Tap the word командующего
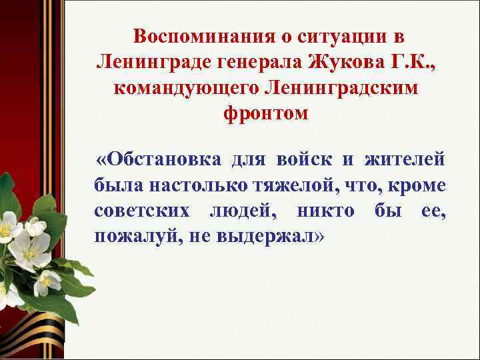coord(188,88)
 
